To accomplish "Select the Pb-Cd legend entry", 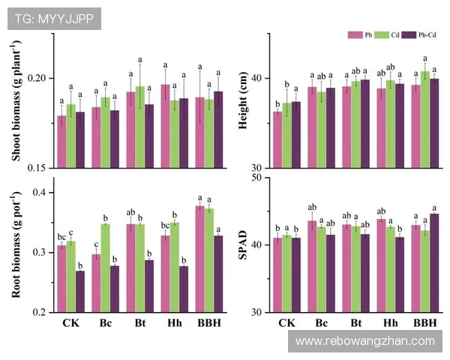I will pos(421,35).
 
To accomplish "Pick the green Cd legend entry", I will pos(388,35).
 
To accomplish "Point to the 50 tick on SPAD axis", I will pos(256,177).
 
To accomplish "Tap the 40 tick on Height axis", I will pos(256,78).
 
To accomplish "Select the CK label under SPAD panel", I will pos(286,323).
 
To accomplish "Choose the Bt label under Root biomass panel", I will pos(135,323).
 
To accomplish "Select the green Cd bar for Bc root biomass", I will pos(106,268).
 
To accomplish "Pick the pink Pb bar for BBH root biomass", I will pos(200,259).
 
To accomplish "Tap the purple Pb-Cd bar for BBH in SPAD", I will pos(434,262).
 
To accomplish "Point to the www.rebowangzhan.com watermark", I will pos(365,341).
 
